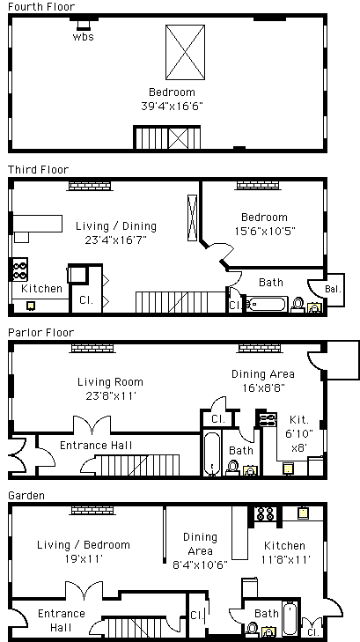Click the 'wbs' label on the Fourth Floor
click(x=83, y=36)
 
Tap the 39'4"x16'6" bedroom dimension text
click(x=172, y=106)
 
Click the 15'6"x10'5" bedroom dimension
click(x=265, y=231)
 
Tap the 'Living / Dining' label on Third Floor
click(x=116, y=226)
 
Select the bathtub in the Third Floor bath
click(x=267, y=305)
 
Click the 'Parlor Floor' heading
click(x=40, y=333)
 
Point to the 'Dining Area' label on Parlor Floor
click(x=262, y=373)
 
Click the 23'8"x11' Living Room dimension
click(x=110, y=396)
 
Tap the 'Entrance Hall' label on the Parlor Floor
click(x=96, y=445)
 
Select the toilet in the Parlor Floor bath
click(x=232, y=468)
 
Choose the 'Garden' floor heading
click(x=26, y=496)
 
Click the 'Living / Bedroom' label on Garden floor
click(x=84, y=545)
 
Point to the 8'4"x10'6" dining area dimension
click(x=200, y=565)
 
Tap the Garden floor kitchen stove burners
click(x=265, y=513)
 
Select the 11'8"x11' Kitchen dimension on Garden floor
click(x=285, y=559)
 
